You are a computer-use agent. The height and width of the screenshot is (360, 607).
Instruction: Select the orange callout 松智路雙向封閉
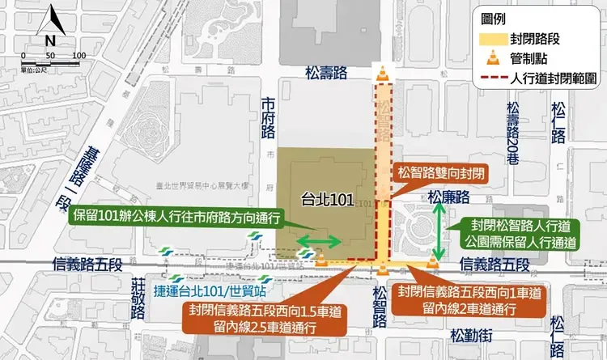tap(441, 173)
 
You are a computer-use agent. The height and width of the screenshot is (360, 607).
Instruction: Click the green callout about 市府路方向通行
tap(176, 216)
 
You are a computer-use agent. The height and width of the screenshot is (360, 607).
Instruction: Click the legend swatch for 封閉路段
tap(487, 38)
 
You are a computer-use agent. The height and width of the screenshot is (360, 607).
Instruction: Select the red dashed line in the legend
tap(487, 78)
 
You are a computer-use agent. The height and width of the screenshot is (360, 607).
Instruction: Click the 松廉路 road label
tap(449, 196)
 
